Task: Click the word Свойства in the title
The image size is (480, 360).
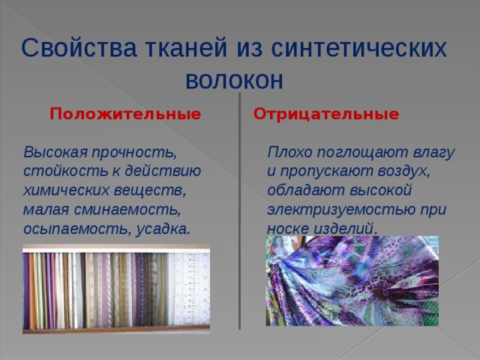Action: [x=79, y=48]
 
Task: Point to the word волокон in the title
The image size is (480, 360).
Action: [x=234, y=80]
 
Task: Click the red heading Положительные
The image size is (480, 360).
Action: [x=125, y=114]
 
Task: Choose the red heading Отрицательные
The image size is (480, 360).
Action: [x=326, y=114]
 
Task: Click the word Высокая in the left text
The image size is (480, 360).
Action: [x=55, y=151]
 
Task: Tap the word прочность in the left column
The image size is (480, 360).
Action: [x=134, y=152]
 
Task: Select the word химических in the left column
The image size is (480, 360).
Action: [x=66, y=190]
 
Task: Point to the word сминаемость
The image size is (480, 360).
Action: [x=127, y=210]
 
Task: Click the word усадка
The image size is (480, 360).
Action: [x=163, y=229]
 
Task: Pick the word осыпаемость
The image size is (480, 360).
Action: [x=77, y=229]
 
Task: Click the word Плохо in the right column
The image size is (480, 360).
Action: [x=289, y=151]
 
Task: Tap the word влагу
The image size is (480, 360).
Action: [x=433, y=152]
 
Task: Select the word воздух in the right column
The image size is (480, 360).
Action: [x=403, y=172]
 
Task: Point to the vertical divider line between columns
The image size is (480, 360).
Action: [x=240, y=211]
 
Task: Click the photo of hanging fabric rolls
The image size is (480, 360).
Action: [x=116, y=289]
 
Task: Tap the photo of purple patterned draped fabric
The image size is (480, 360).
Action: [x=352, y=280]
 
